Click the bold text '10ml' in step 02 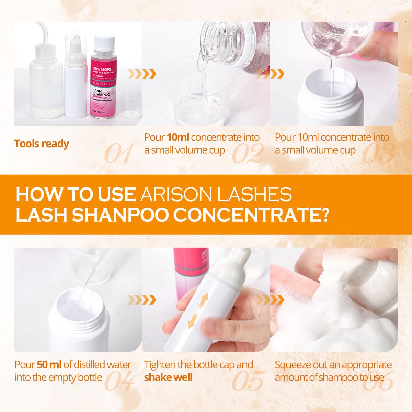(x=178, y=138)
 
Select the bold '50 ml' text (x=49, y=365)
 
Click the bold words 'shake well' (x=168, y=377)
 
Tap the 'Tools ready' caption (x=42, y=144)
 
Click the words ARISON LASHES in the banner (x=216, y=194)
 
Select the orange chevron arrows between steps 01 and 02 (x=141, y=73)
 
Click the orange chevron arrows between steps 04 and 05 (x=141, y=300)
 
